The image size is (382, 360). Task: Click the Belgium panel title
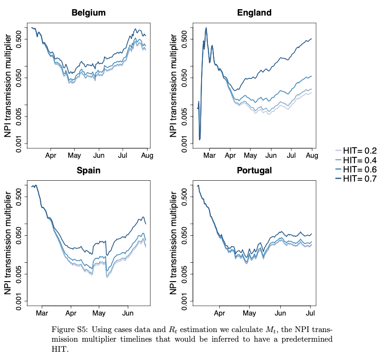click(88, 13)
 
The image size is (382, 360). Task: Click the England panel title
click(254, 13)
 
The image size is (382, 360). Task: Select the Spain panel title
click(88, 171)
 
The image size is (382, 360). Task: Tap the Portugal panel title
click(254, 171)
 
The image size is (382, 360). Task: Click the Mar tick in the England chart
click(210, 156)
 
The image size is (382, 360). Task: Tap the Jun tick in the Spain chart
click(128, 314)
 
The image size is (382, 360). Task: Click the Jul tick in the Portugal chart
click(311, 314)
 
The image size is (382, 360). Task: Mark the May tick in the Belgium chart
click(74, 156)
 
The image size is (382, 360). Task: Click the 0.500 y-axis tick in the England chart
click(184, 39)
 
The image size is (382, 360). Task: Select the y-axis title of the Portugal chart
click(174, 242)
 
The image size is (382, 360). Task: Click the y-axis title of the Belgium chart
click(8, 85)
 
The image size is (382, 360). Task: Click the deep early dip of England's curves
click(200, 139)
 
